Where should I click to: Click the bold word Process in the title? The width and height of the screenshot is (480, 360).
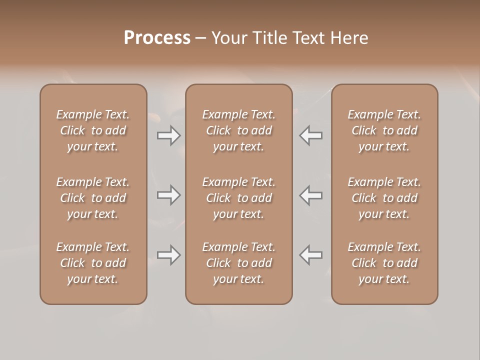157,38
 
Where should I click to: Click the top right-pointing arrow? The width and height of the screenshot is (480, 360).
168,135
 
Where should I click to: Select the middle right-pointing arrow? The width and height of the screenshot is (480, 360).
168,195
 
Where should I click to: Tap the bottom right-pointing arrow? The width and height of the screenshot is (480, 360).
168,255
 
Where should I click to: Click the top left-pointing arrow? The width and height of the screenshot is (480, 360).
310,135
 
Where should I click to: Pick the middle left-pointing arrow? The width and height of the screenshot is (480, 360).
310,195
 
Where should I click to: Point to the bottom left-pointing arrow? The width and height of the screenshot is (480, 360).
310,255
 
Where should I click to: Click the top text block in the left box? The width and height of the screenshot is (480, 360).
93,130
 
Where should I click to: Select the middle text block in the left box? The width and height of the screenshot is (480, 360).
93,198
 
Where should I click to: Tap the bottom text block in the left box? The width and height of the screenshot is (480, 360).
93,263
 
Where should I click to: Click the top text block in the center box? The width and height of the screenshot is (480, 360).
239,130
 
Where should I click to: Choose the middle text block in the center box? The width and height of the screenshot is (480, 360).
239,198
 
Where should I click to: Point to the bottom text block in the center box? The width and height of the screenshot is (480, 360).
239,263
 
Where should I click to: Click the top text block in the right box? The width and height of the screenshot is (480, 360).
384,130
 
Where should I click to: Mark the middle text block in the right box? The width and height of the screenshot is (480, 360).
384,198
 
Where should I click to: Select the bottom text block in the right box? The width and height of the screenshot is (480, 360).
384,263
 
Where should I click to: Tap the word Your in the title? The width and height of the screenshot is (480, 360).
229,38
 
